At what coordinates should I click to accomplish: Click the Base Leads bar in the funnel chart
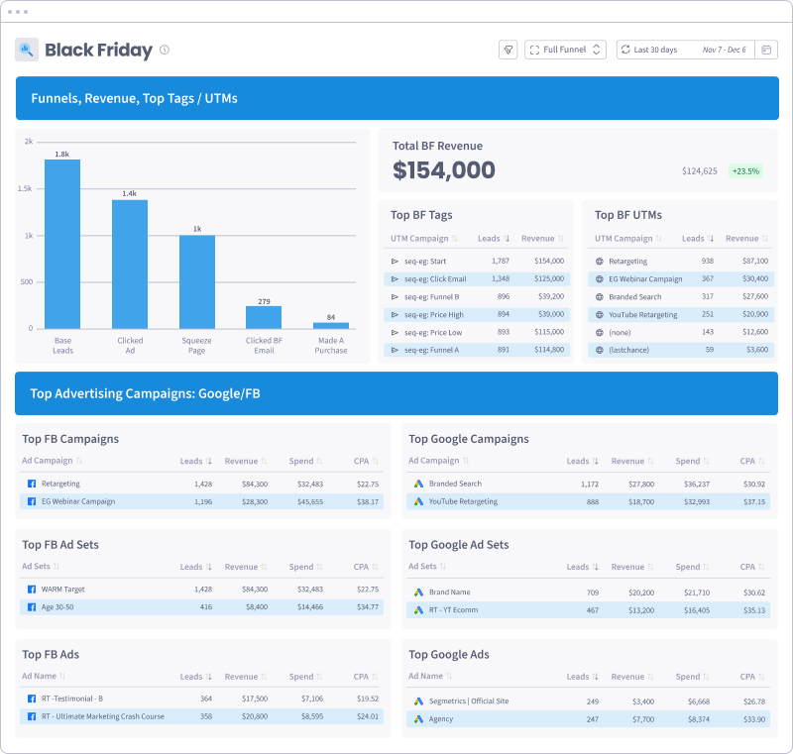tap(62, 244)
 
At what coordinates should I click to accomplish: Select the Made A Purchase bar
tap(331, 325)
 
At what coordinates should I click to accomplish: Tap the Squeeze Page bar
tap(196, 281)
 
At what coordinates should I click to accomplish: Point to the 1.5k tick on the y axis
tap(29, 188)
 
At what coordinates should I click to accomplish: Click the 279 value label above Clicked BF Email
tap(264, 301)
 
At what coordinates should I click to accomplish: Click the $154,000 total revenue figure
tap(444, 170)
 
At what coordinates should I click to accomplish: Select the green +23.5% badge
tap(745, 170)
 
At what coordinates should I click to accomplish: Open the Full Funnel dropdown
tap(565, 50)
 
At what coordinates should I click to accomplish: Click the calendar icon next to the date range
tap(767, 50)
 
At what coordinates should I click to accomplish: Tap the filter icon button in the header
tap(509, 50)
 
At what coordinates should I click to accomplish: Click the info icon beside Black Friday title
tap(165, 50)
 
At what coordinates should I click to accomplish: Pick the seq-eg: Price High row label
tap(433, 314)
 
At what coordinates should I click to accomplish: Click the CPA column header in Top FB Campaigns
tap(363, 461)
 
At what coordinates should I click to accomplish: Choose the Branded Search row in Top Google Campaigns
tap(455, 484)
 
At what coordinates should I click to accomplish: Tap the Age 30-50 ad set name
tap(57, 606)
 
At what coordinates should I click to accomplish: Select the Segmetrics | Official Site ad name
tap(469, 700)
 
